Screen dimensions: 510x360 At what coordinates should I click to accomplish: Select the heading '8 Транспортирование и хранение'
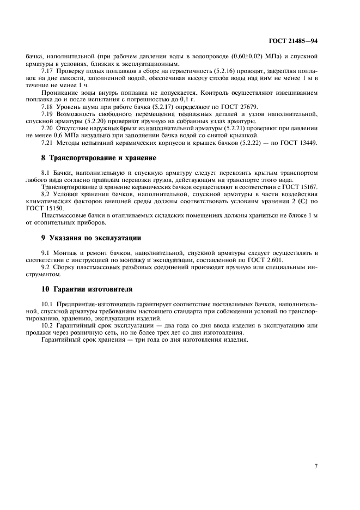pos(99,158)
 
